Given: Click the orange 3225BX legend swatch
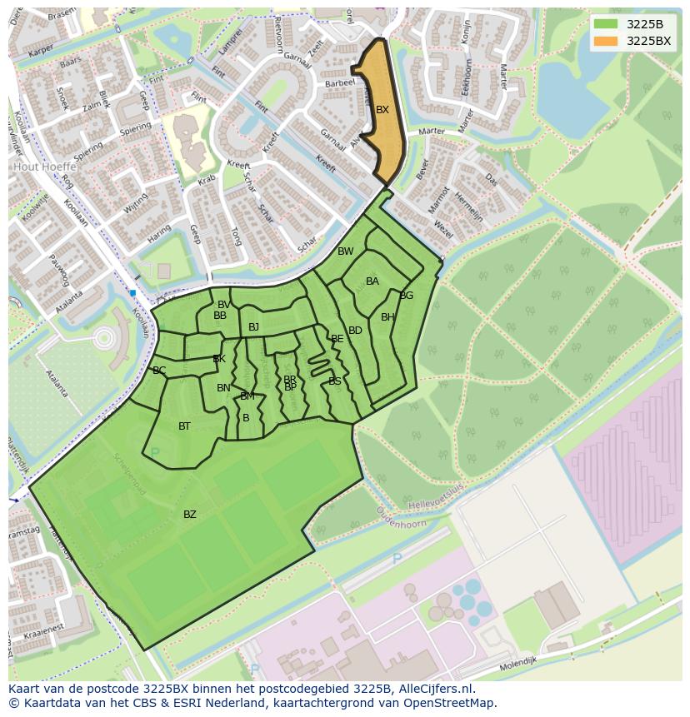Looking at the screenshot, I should (x=606, y=41).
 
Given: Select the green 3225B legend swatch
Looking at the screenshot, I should (x=606, y=24).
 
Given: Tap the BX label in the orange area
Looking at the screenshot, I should (x=382, y=110).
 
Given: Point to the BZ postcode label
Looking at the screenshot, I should (x=190, y=515).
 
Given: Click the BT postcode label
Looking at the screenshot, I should (x=184, y=426).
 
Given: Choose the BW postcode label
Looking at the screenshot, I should (x=345, y=251).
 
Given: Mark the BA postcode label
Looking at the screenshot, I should (x=372, y=281).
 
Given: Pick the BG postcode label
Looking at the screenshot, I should (x=407, y=296).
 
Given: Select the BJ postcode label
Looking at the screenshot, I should (x=253, y=327).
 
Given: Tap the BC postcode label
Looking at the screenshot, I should (x=159, y=371).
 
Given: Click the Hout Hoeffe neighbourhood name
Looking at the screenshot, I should (x=43, y=167).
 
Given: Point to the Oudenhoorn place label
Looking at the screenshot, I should (x=401, y=522).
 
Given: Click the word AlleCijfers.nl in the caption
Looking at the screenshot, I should (x=436, y=690).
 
